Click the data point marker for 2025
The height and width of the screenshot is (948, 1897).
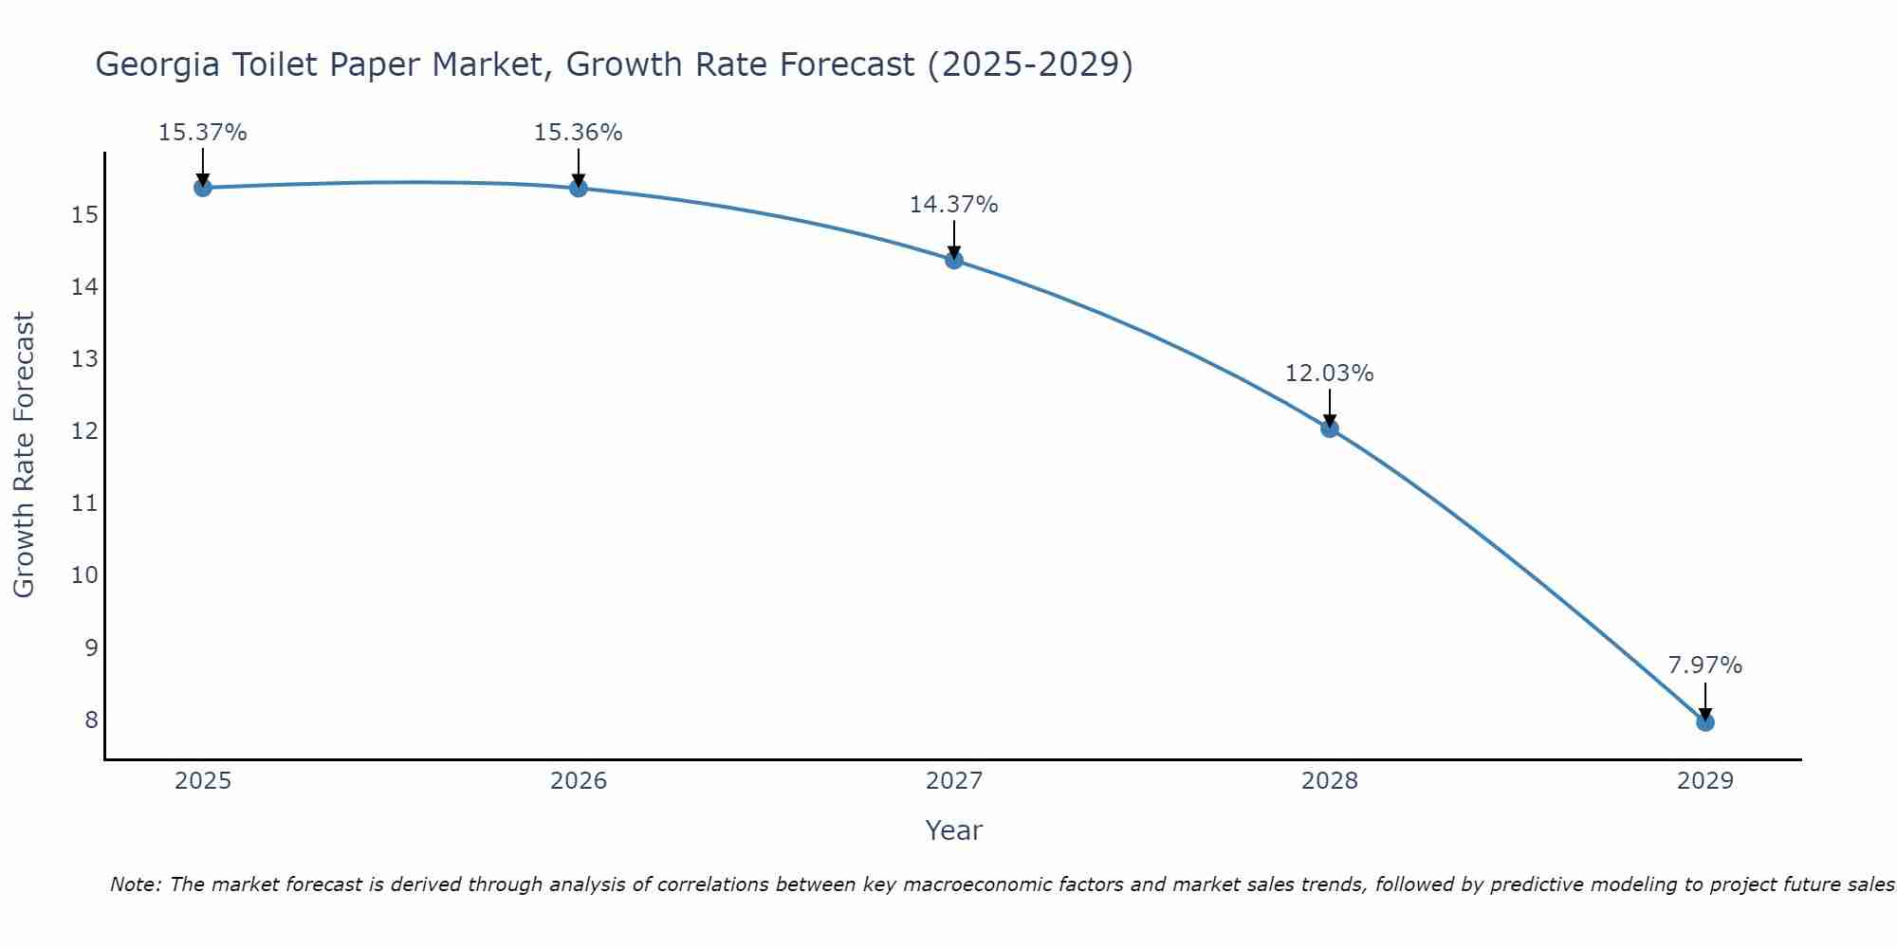[x=202, y=188]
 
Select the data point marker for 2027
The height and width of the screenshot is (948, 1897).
[x=954, y=260]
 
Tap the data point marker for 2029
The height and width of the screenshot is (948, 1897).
[x=1704, y=722]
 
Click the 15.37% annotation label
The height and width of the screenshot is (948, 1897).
[x=202, y=133]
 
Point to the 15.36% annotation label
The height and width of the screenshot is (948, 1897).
[x=578, y=133]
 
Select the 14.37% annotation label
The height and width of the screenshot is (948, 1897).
[x=953, y=205]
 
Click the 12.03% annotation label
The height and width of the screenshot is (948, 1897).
[x=1329, y=374]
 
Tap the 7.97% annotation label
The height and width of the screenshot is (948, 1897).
[x=1704, y=665]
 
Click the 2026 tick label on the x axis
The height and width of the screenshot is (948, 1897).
[x=579, y=781]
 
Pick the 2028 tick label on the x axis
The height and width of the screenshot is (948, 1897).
[x=1329, y=781]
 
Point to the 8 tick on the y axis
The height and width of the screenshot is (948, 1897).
[x=91, y=720]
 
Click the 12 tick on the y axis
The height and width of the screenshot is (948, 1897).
[x=85, y=431]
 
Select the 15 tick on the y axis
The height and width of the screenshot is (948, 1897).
[x=85, y=215]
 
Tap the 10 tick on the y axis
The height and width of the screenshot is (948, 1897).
[x=85, y=575]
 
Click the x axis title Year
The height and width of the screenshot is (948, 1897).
[x=953, y=830]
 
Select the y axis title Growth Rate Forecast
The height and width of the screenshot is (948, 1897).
[x=25, y=455]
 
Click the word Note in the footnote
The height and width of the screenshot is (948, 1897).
[x=136, y=884]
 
